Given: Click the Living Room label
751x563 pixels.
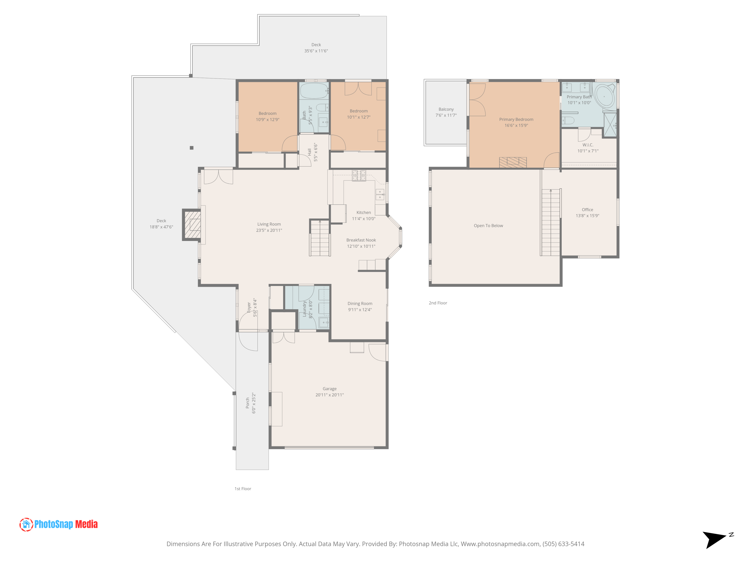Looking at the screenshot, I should click(x=269, y=224).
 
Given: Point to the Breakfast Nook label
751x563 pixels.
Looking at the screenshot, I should click(x=361, y=240).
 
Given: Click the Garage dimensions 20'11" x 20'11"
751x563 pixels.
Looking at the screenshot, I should click(x=329, y=395).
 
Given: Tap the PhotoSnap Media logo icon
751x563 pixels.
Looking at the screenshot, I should click(x=26, y=524).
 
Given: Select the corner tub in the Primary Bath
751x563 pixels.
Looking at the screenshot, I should click(x=604, y=97).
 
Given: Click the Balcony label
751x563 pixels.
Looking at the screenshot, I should click(x=446, y=109).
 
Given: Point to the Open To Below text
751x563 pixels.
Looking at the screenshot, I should click(x=488, y=226).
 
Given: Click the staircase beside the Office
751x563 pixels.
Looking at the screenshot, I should click(x=550, y=222).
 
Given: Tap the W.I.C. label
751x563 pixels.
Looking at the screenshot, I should click(x=588, y=145).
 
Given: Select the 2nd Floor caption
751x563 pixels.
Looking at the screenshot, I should click(x=438, y=303).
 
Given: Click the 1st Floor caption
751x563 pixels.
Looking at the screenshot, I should click(x=243, y=489).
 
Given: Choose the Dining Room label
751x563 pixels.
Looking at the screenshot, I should click(x=359, y=303).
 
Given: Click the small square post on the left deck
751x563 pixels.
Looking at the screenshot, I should click(x=192, y=148).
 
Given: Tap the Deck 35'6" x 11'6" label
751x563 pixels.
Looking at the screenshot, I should click(x=316, y=48).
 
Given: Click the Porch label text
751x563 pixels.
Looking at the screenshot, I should click(x=248, y=403).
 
